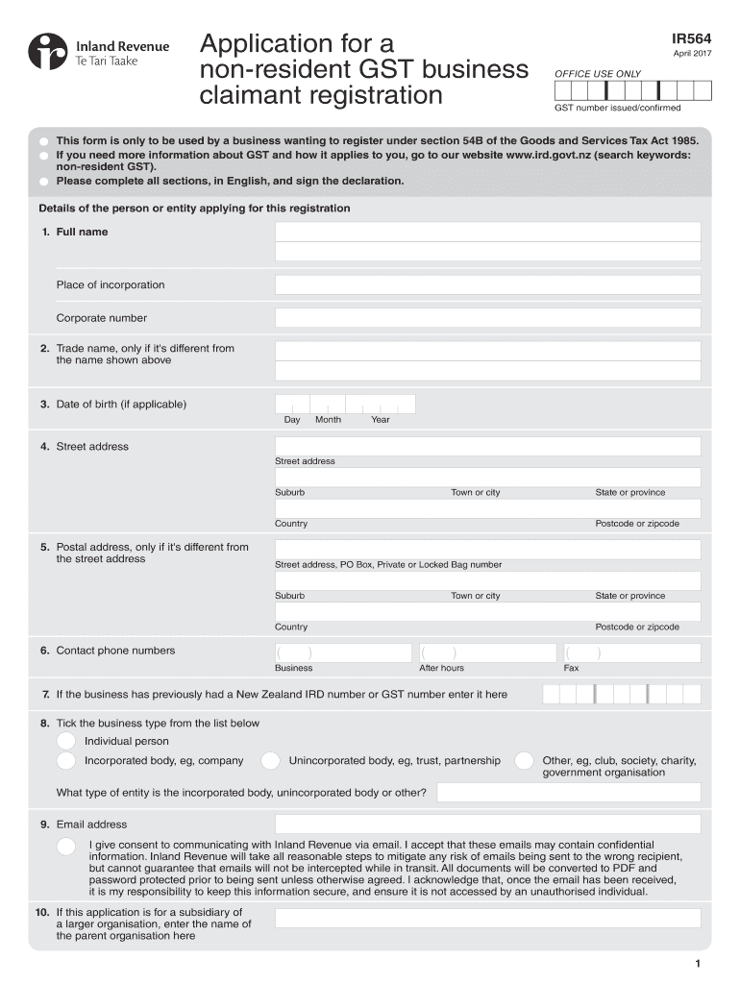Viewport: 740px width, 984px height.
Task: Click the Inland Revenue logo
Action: pos(98,53)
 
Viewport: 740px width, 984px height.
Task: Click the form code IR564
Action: pos(692,38)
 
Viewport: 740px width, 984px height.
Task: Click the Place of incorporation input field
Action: pos(487,285)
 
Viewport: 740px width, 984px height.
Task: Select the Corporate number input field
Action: pos(487,318)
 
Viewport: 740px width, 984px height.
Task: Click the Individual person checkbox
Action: pos(66,741)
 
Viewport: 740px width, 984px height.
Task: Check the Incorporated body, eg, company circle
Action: pos(66,761)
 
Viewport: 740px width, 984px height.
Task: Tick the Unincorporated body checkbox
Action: pos(271,761)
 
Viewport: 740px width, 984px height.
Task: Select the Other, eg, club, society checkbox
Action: pos(524,761)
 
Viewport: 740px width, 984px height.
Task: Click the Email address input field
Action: pos(487,824)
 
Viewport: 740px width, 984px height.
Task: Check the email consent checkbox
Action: pos(66,846)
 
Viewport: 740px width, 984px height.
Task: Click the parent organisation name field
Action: pos(487,919)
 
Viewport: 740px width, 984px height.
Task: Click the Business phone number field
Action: pos(343,652)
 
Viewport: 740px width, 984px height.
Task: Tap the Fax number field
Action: pos(631,652)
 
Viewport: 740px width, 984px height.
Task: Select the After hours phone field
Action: pos(487,652)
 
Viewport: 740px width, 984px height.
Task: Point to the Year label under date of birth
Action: pos(381,420)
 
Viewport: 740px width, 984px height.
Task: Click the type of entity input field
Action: pos(569,793)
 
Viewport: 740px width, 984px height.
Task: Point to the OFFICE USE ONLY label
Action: pos(597,74)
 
